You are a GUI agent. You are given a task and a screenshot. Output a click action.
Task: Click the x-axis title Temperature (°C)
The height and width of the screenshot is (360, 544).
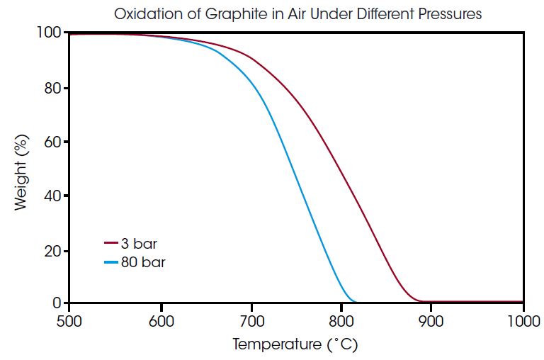(295, 345)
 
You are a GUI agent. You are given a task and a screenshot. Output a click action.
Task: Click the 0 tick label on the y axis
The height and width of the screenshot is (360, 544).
(57, 303)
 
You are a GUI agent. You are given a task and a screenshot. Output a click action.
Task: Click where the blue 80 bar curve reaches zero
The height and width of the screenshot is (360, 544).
(354, 302)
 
